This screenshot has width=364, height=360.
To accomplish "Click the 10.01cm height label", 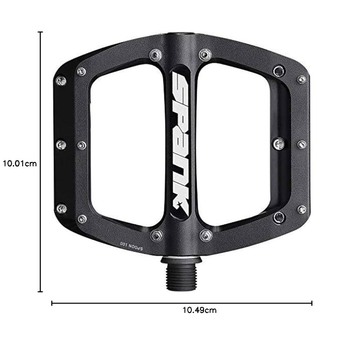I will [20, 163].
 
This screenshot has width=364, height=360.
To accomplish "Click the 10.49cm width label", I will [199, 310].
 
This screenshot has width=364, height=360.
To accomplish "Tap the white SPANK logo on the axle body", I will [180, 142].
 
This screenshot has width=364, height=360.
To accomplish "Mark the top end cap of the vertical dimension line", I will [40, 32].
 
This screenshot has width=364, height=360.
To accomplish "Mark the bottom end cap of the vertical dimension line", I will [40, 291].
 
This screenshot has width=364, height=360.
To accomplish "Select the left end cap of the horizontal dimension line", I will [52, 303].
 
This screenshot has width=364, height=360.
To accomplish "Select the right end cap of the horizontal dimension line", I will [312, 303].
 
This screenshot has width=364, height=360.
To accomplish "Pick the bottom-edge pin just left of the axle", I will [157, 235].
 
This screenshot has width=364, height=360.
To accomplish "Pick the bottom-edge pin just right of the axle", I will [206, 235].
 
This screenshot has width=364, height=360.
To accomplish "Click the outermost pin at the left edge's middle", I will [61, 145].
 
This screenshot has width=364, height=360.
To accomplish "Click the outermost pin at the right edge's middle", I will [301, 144].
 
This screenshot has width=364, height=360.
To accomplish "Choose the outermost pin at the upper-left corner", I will [61, 80].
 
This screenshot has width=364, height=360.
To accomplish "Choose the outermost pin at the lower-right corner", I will [301, 209].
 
